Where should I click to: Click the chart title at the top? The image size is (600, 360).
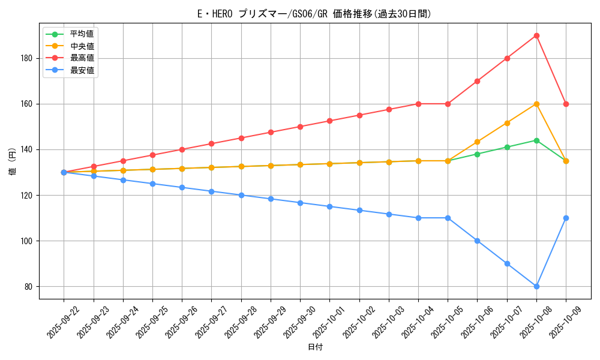[x=314, y=14]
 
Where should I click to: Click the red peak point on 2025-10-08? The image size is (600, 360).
[x=536, y=35]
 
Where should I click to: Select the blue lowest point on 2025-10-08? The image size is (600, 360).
[x=536, y=286]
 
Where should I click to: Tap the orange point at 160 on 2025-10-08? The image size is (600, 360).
[x=536, y=104]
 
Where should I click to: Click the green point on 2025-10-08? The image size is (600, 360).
[x=536, y=140]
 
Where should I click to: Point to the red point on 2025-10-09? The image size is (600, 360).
[x=566, y=104]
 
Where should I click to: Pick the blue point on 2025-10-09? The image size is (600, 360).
[x=566, y=218]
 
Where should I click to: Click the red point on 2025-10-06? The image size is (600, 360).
[x=477, y=81]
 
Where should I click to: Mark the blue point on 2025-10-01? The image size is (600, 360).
[x=329, y=206]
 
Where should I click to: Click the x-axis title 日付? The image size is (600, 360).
[x=314, y=347]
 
